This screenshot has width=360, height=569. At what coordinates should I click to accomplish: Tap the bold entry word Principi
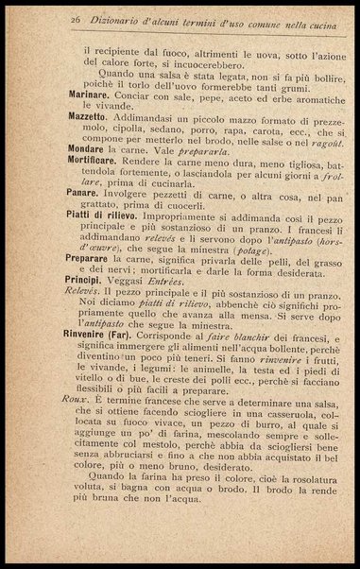(88, 309)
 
